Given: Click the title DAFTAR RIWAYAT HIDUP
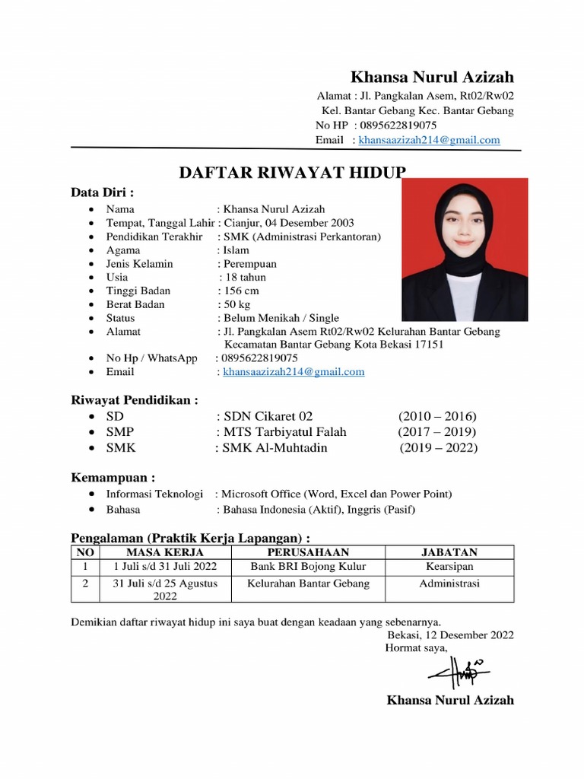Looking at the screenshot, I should tap(292, 172).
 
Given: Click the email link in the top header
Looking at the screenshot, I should tap(429, 140).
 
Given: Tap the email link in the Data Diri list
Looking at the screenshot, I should tap(294, 372).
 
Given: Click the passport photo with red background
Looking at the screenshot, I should tap(464, 250).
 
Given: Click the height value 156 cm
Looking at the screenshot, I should tap(241, 291).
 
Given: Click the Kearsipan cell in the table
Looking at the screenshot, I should tap(449, 567).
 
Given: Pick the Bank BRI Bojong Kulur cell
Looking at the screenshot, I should tap(308, 567).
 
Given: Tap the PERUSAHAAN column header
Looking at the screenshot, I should tap(308, 552).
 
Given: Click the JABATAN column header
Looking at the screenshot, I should tap(449, 552).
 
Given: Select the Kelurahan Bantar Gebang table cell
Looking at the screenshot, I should tap(308, 583).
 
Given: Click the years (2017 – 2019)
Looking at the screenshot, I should tap(437, 432).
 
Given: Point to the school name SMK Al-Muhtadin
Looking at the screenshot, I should tap(275, 448).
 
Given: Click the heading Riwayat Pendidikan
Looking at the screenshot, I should tap(135, 400).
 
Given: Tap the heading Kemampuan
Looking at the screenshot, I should tap(113, 478).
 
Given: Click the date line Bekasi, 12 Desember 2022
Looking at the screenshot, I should tap(450, 635).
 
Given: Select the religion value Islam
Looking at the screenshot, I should tap(236, 250).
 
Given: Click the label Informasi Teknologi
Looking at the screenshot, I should tap(154, 494).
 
